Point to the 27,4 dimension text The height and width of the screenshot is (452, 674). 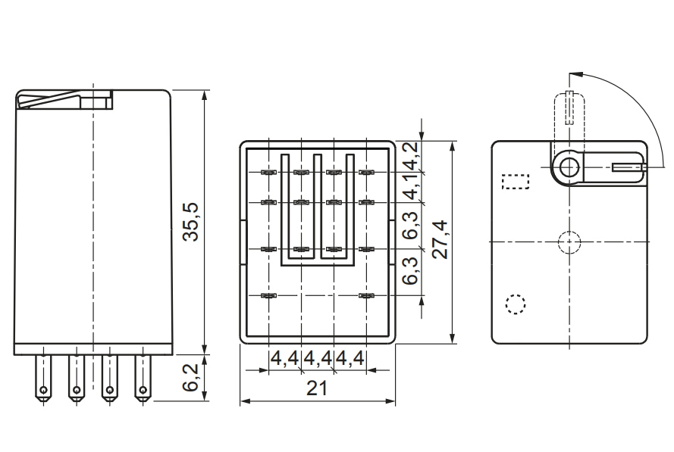coord(440,238)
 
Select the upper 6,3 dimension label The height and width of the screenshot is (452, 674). coord(410,226)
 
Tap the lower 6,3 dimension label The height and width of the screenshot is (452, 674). coord(410,271)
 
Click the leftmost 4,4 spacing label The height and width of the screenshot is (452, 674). coord(285,358)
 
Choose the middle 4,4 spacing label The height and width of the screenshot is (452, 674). coord(318,358)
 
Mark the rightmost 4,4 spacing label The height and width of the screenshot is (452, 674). coord(350,358)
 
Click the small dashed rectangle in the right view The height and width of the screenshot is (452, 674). coord(516,182)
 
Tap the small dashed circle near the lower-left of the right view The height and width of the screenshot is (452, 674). coord(516,304)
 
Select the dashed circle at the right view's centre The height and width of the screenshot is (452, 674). coord(569,242)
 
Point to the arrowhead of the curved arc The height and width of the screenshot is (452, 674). coord(574,74)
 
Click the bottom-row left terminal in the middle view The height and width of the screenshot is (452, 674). coord(268,295)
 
